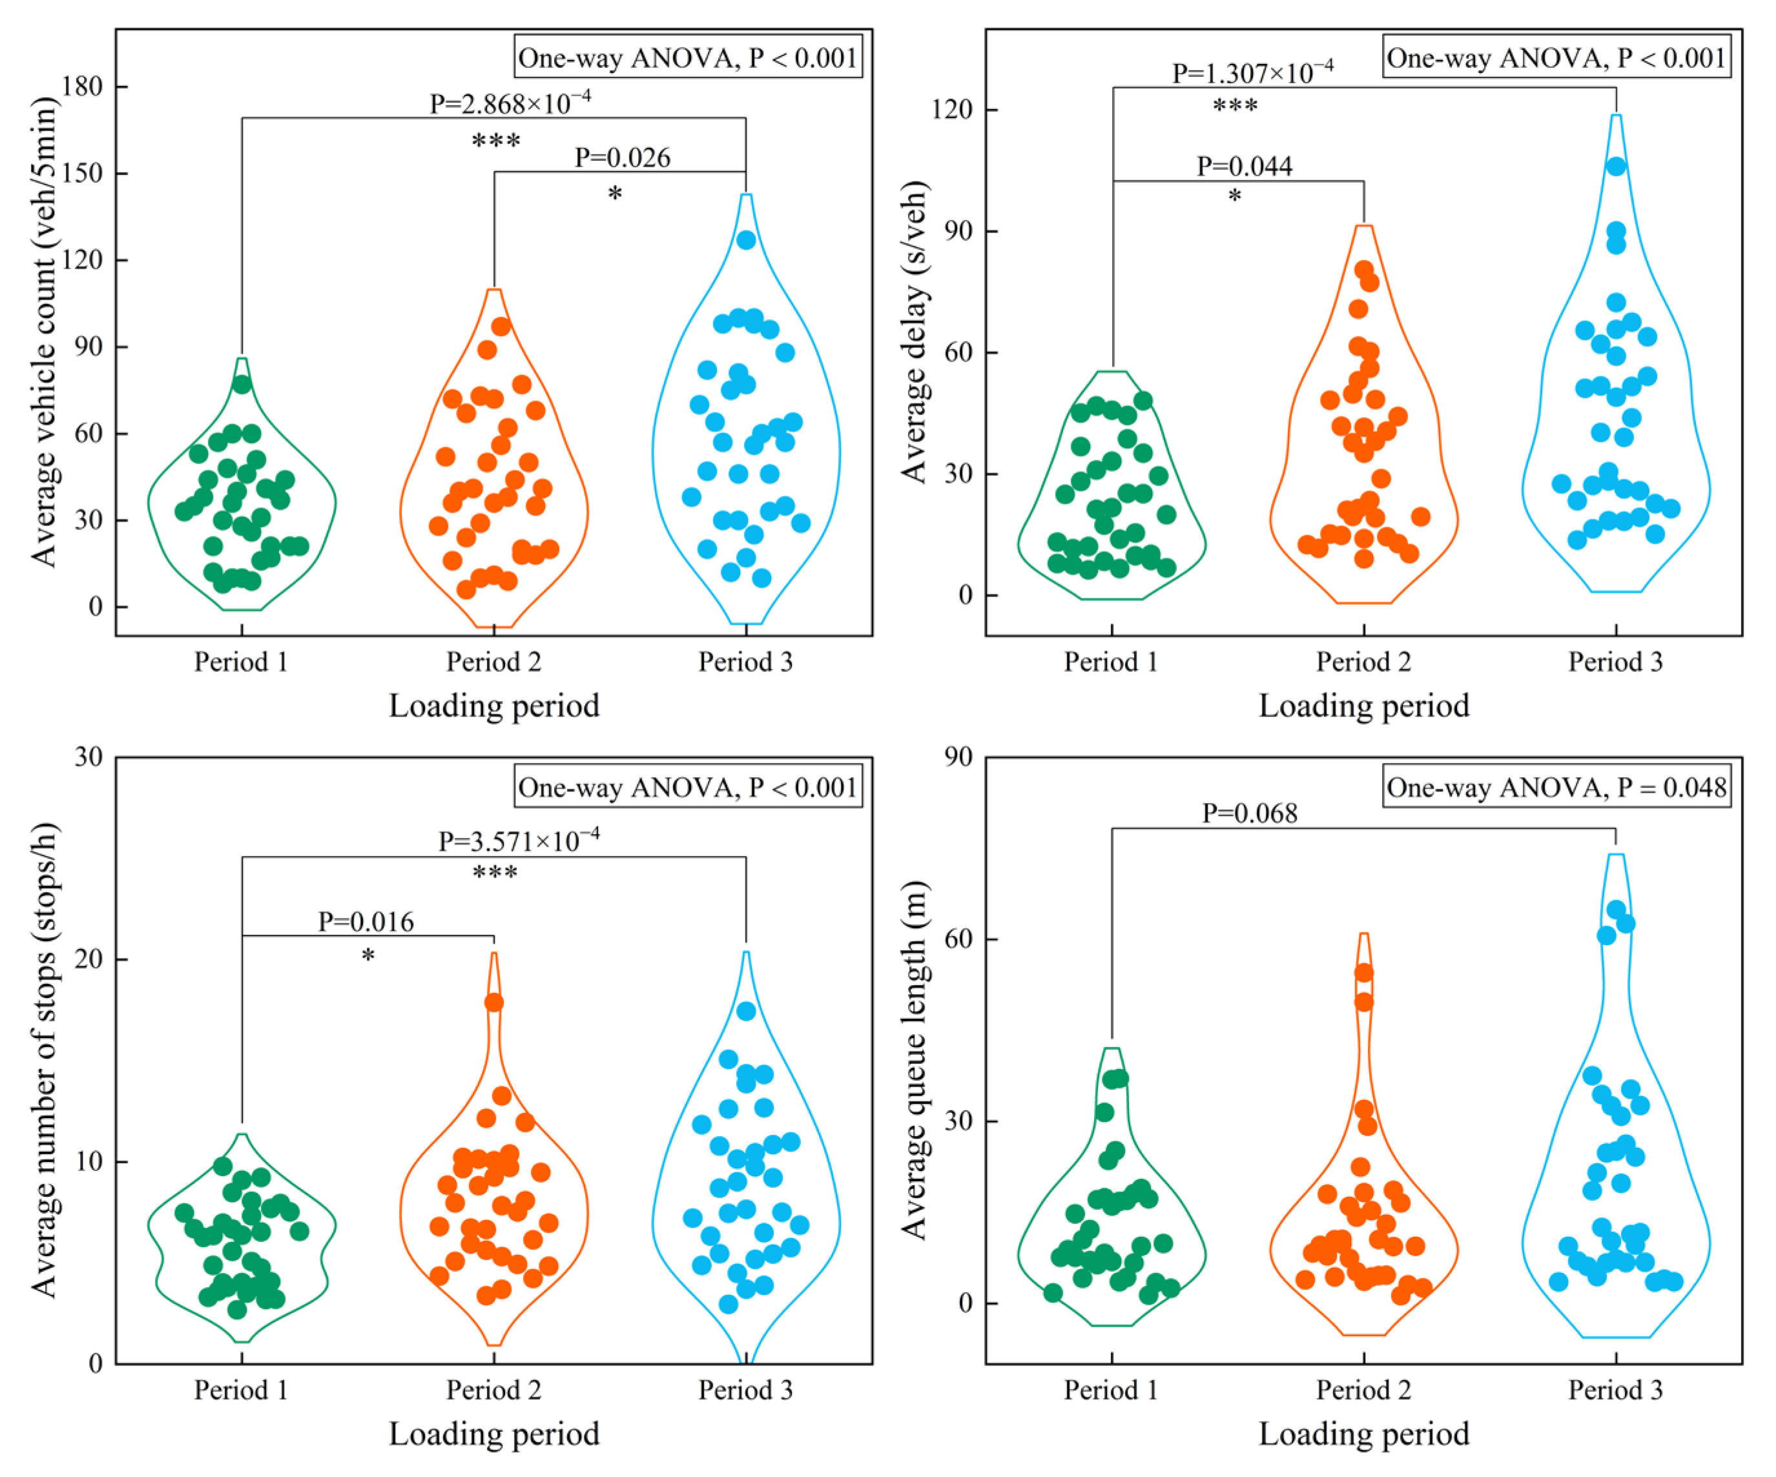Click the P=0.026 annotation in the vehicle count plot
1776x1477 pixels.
(x=623, y=158)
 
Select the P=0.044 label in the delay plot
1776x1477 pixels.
(x=1244, y=166)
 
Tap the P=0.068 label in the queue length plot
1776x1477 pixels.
(x=1250, y=813)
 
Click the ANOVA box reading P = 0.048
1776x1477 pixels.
(x=1556, y=787)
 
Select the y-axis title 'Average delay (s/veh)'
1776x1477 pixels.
(x=914, y=331)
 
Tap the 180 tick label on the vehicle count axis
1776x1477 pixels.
(x=82, y=87)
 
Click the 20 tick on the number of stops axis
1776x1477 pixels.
(x=90, y=959)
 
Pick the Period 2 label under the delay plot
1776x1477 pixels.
(x=1363, y=661)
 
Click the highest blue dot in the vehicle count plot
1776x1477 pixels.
(x=746, y=240)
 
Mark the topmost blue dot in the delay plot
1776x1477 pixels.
(x=1616, y=167)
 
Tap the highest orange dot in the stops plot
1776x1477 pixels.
(x=494, y=1003)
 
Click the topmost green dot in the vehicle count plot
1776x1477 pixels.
(x=242, y=384)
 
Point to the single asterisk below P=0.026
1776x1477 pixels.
(x=615, y=194)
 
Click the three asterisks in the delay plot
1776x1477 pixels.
(x=1235, y=106)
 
